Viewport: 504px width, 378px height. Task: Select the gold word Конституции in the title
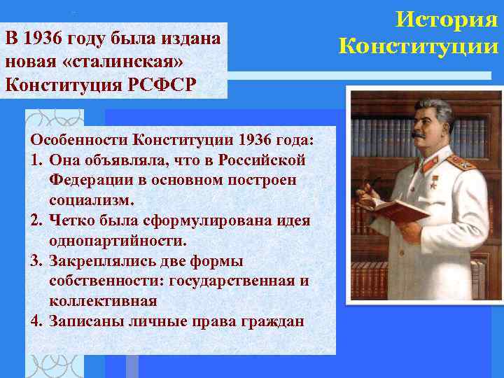click(x=419, y=47)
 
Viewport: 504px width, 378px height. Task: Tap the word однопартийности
click(x=118, y=241)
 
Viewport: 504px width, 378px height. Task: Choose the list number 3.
click(x=36, y=261)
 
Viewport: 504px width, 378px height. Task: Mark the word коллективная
click(x=103, y=302)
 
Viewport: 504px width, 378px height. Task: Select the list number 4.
click(x=36, y=322)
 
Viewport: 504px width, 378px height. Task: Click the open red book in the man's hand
click(x=391, y=209)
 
